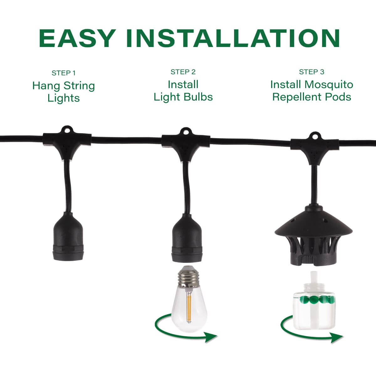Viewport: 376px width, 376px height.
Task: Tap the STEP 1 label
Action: [63, 73]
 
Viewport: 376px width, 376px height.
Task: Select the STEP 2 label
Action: [183, 72]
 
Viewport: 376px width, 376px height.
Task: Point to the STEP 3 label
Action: [311, 72]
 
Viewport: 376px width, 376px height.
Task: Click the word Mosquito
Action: [329, 85]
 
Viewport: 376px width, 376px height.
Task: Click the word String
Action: [79, 86]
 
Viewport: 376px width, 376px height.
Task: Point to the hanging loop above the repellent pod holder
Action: [315, 136]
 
